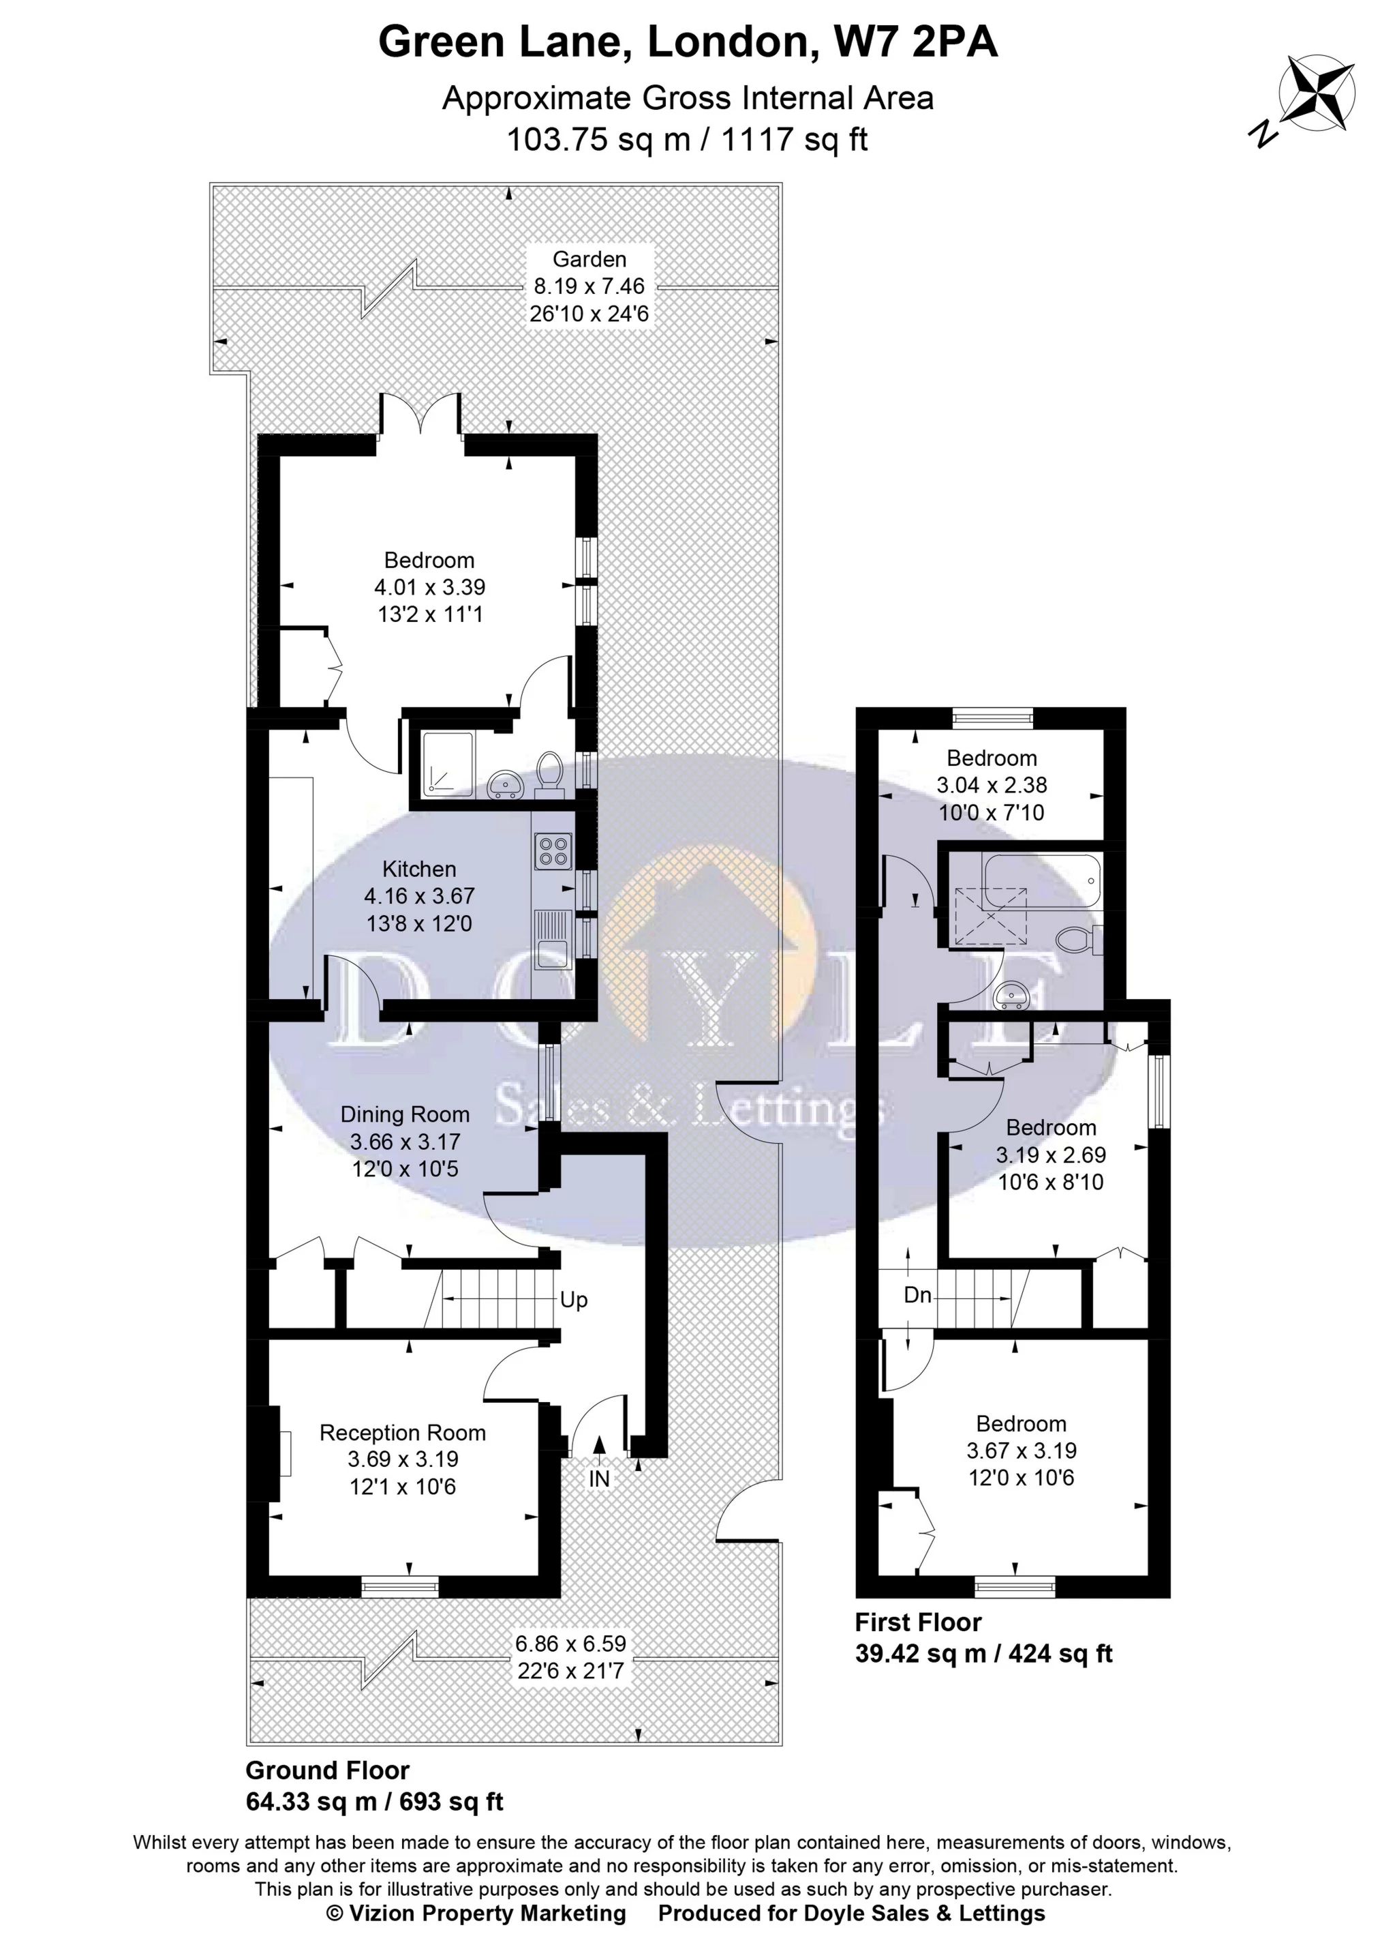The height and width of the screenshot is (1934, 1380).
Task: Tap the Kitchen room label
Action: coord(419,869)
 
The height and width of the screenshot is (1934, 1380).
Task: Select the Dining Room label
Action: coord(405,1114)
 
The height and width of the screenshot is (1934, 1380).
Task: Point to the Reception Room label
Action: coord(403,1433)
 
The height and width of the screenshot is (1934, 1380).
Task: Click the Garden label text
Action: coord(589,259)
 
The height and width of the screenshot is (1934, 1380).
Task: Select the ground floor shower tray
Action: coord(448,763)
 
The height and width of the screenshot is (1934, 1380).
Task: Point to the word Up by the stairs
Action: coord(574,1300)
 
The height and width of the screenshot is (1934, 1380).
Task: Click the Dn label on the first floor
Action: coord(918,1296)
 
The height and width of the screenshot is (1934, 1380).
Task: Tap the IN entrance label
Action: coord(599,1479)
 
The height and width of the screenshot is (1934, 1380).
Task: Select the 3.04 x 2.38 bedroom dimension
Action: coord(992,785)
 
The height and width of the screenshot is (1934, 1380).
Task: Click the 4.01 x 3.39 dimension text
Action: coord(430,586)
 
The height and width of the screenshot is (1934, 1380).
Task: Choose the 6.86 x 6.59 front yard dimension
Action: coord(570,1643)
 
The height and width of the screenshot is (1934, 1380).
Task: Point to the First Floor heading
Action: coord(918,1622)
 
